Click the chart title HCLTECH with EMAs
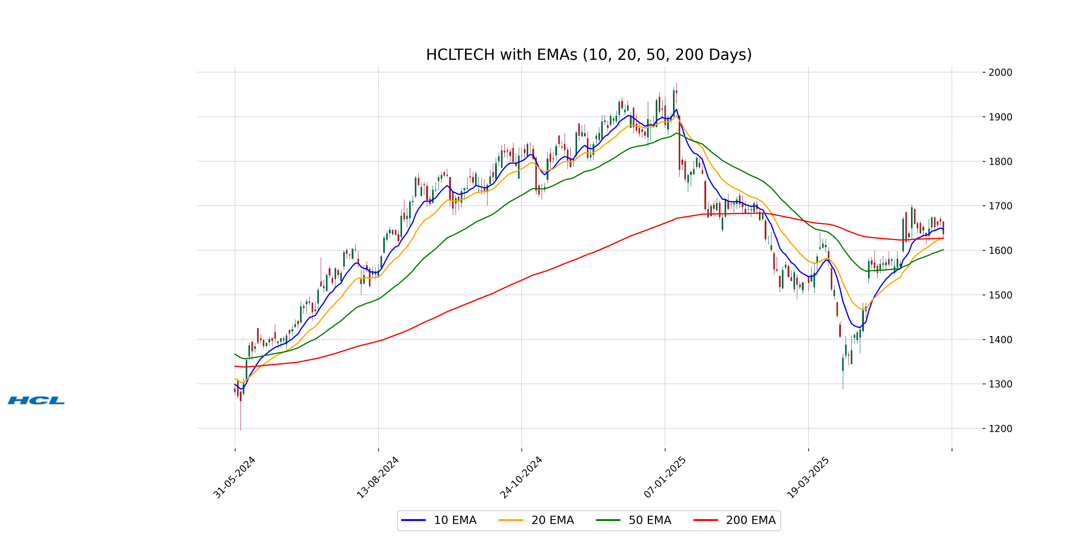click(x=589, y=55)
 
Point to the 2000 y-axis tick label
click(x=1000, y=73)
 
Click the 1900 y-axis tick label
click(x=1000, y=117)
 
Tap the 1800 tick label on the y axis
click(x=1000, y=162)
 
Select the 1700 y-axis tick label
click(x=1000, y=206)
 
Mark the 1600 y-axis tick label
click(x=1000, y=250)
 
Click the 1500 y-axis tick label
click(x=1000, y=295)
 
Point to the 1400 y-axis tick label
click(x=1000, y=340)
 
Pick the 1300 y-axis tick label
click(x=1000, y=384)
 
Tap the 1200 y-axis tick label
click(x=1000, y=429)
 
